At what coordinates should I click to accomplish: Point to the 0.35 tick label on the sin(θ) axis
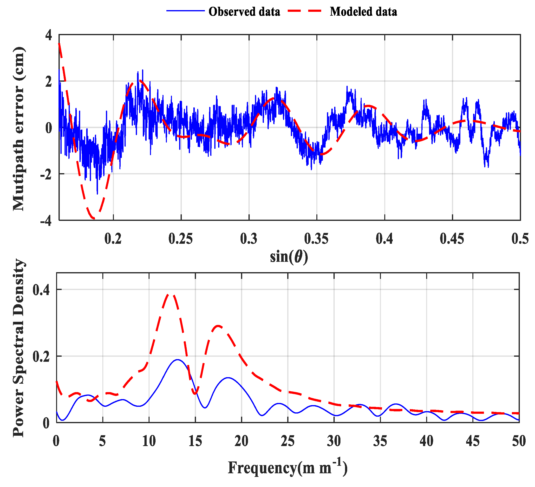coord(316,239)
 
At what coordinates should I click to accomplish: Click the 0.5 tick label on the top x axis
coord(520,239)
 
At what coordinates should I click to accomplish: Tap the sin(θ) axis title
coord(289,257)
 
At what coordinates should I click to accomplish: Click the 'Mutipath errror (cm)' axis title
coord(19,129)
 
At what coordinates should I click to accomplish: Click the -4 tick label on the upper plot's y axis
coord(46,221)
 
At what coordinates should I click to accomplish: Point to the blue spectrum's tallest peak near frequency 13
coord(177,360)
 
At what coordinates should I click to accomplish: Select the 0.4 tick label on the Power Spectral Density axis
coord(41,290)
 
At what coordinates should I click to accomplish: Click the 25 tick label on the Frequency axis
coord(288,442)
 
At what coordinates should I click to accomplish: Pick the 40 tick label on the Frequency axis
coord(426,442)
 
